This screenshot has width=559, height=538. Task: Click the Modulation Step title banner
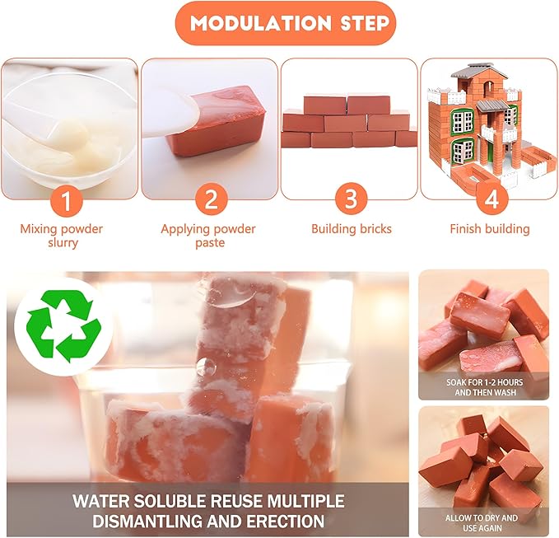(x=279, y=23)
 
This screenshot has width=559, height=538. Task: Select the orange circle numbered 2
(x=210, y=199)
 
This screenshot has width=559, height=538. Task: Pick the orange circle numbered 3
(x=350, y=199)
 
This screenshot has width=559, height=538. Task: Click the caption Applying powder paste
(x=208, y=236)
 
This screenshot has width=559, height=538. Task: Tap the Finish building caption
(x=489, y=229)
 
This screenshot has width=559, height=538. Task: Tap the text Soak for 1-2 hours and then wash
(x=483, y=387)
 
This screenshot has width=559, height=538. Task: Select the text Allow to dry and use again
(x=483, y=522)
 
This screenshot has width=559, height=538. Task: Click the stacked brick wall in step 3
(x=349, y=123)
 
